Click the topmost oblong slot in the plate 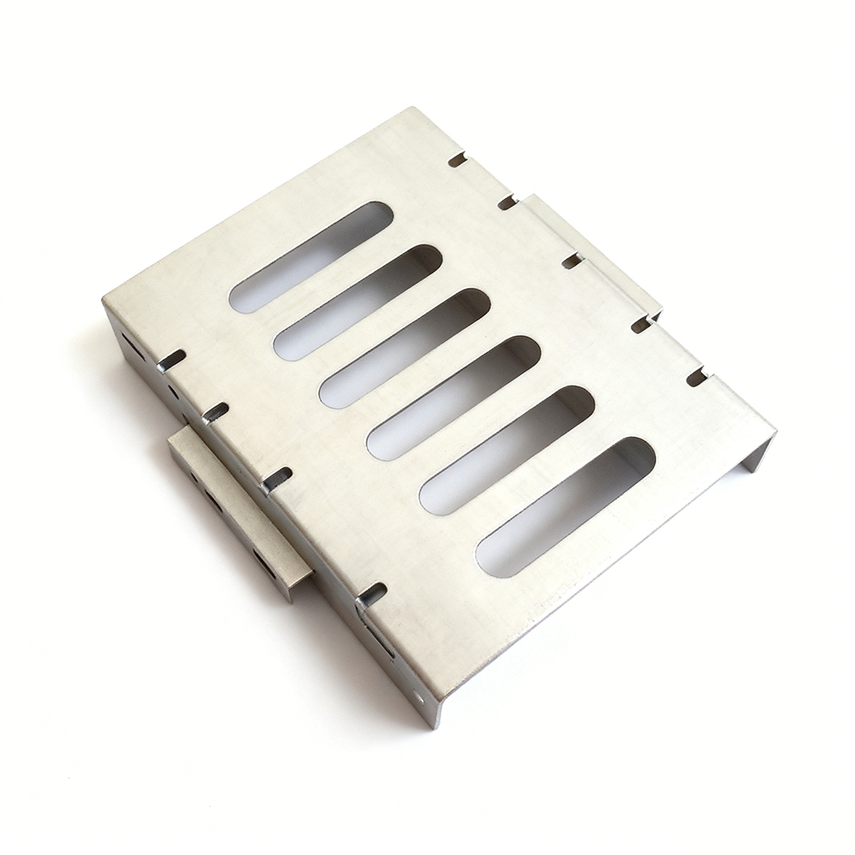[x=311, y=256]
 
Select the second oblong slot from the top [x=357, y=303]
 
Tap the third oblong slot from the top [x=404, y=348]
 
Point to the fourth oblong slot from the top [x=454, y=398]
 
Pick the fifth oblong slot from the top [x=506, y=450]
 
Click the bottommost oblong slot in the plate [x=565, y=507]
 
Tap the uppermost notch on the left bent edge [x=171, y=360]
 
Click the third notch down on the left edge [x=276, y=479]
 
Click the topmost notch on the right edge [x=457, y=159]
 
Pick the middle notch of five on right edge [x=572, y=260]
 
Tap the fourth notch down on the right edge [x=641, y=324]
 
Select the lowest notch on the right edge [x=697, y=377]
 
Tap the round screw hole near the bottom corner [x=419, y=697]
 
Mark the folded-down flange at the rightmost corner [x=757, y=453]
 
